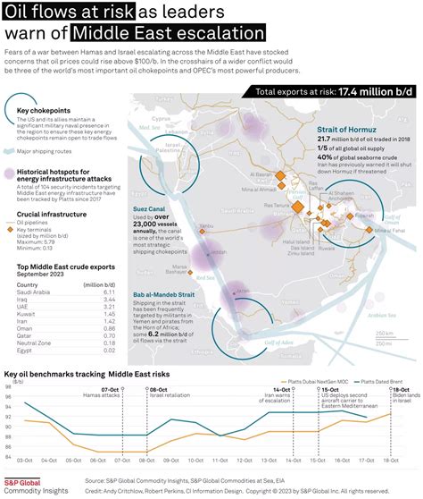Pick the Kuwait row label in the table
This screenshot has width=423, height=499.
(x=26, y=314)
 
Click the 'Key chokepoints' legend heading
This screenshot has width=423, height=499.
(x=44, y=111)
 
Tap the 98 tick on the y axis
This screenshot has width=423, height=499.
(x=7, y=387)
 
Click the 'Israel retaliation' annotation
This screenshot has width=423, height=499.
(x=168, y=396)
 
